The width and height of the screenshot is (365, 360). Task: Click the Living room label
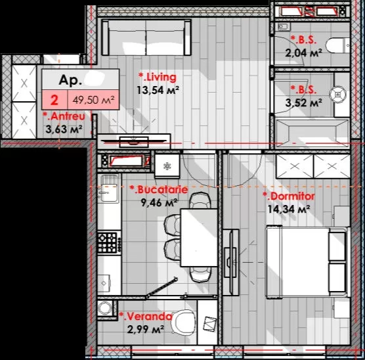[158, 78]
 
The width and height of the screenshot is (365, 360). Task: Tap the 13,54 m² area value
[158, 90]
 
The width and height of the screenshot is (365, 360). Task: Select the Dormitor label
[289, 196]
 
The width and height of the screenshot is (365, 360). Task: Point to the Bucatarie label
[159, 190]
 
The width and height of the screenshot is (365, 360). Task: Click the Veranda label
[146, 317]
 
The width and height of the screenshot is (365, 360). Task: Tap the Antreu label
[64, 116]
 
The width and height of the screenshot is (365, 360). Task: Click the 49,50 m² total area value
[93, 100]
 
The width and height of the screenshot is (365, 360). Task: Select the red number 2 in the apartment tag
[54, 100]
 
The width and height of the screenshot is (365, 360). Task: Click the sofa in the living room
[146, 37]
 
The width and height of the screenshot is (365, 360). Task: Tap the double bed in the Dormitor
[308, 261]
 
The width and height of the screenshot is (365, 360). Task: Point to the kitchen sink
[109, 189]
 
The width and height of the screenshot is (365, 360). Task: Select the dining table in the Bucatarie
[199, 237]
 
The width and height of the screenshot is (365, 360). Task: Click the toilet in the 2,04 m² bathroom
[337, 45]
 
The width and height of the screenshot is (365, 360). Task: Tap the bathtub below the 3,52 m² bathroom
[312, 133]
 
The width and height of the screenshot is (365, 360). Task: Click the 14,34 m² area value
[289, 209]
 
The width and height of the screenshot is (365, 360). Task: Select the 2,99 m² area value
[146, 329]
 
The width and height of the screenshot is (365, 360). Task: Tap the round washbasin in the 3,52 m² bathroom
[338, 94]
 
